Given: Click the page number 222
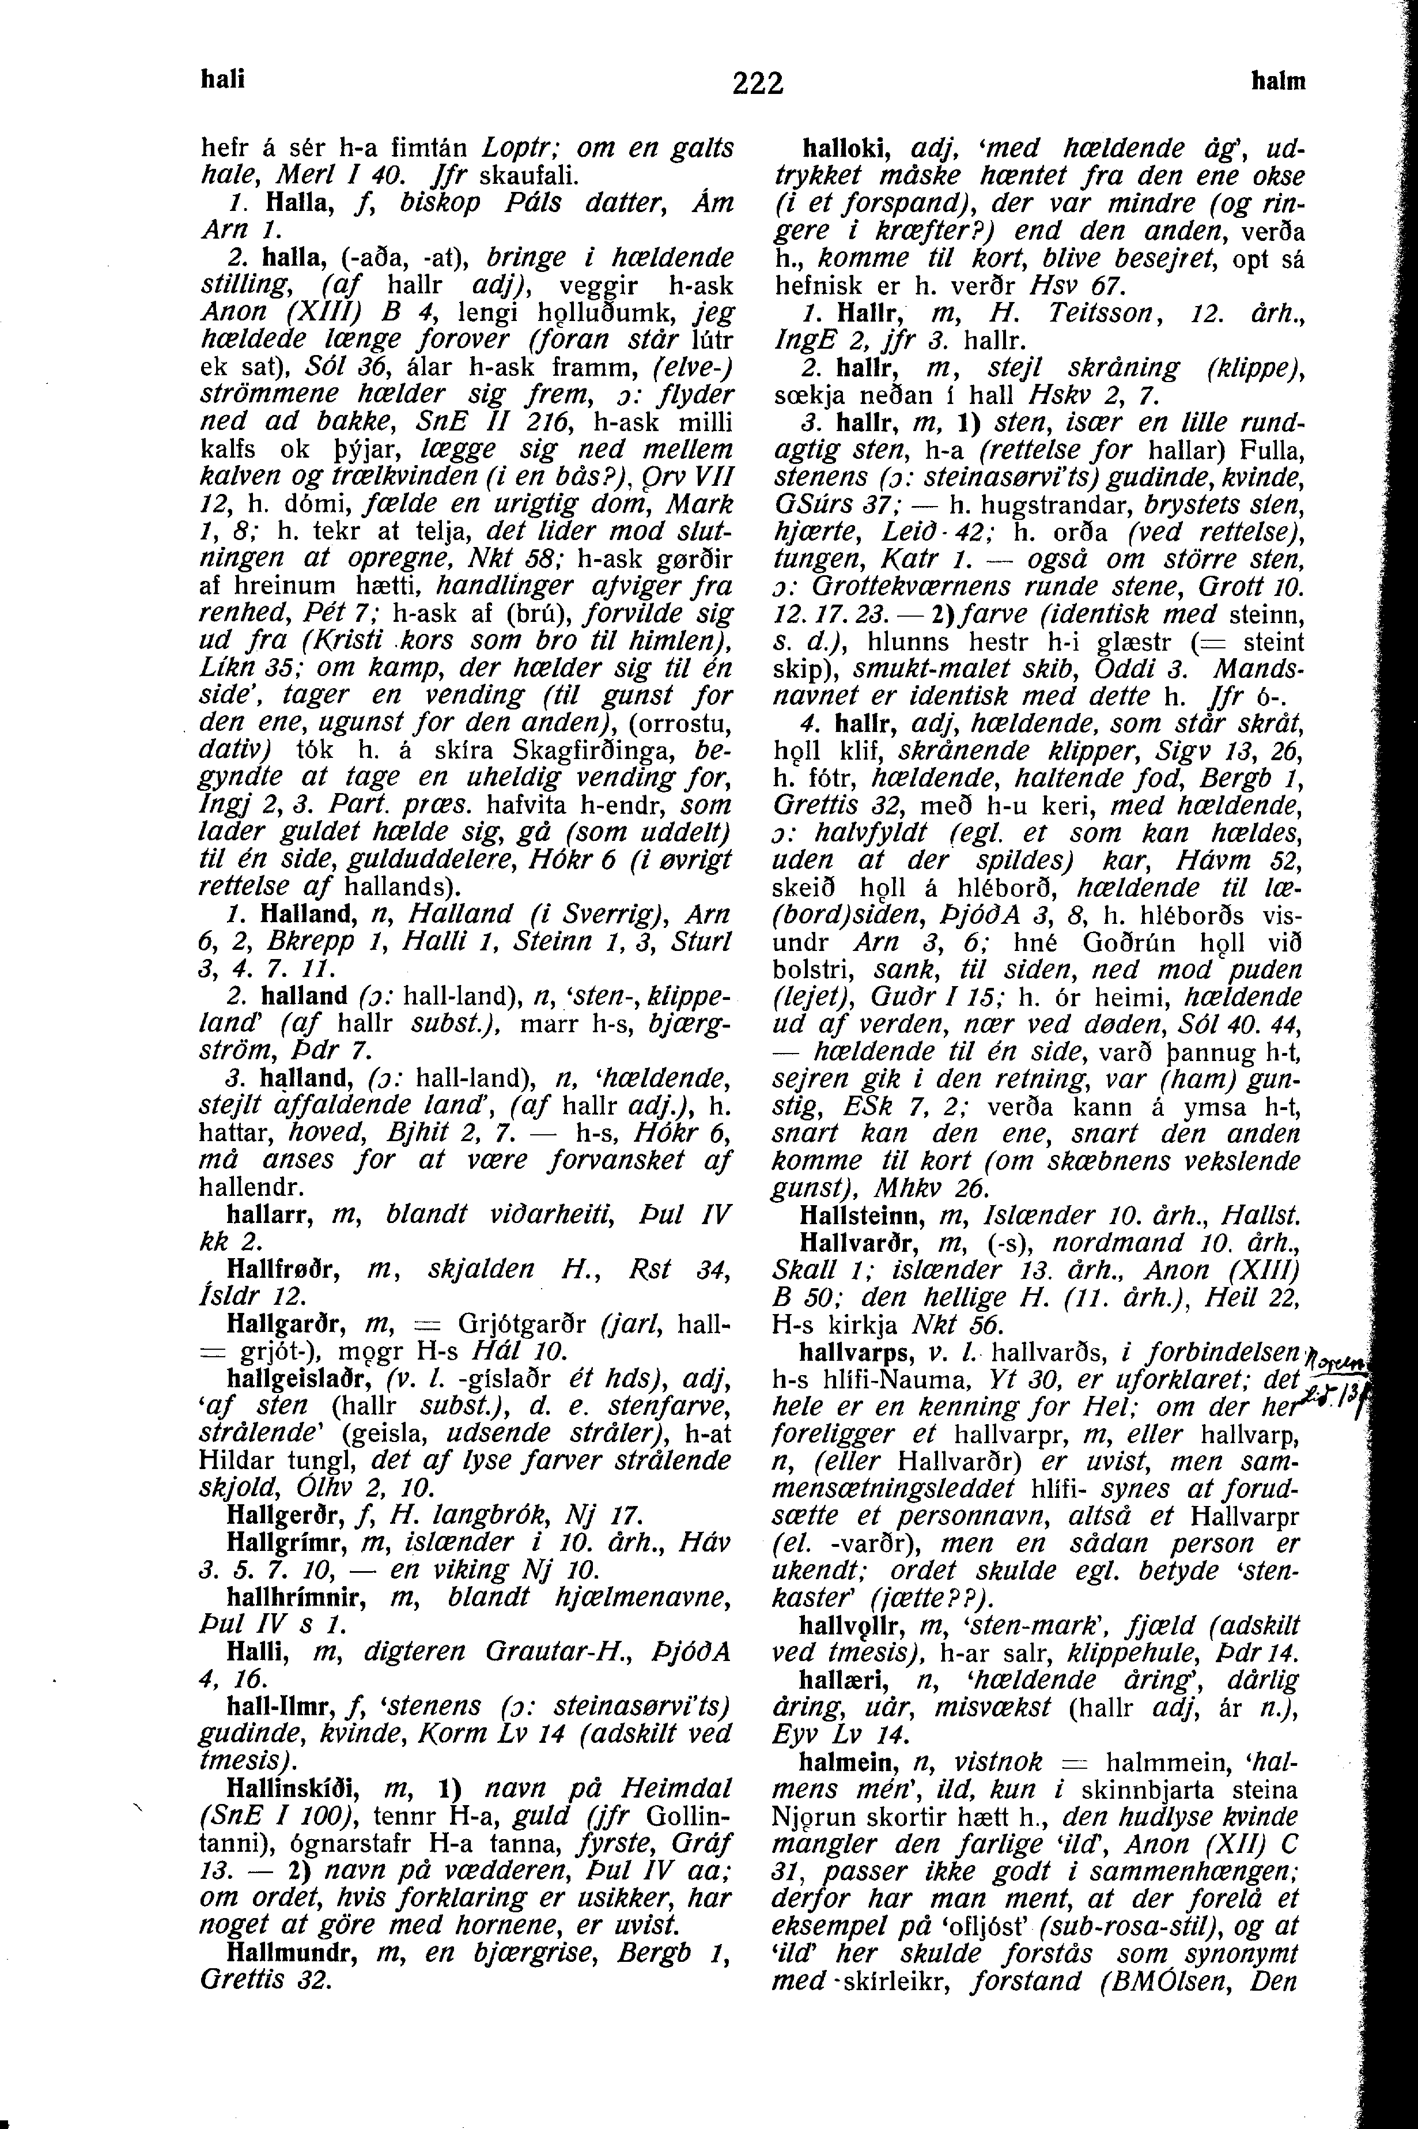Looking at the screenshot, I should click(757, 83).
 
